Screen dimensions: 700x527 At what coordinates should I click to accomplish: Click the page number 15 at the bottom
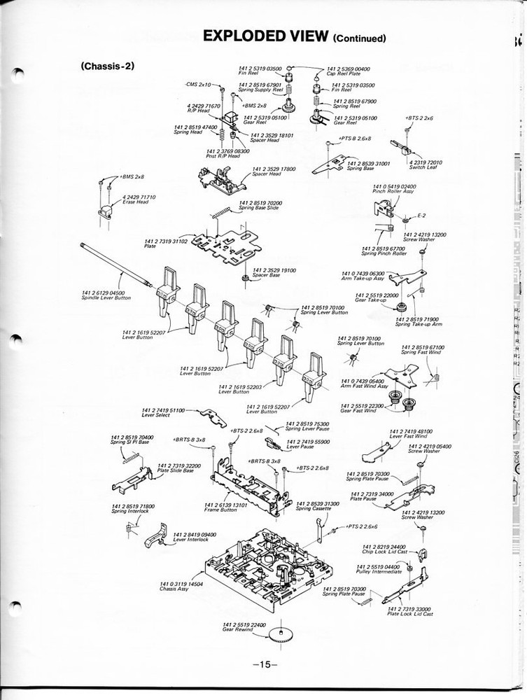coord(265,664)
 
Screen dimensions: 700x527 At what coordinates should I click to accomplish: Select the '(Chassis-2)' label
coord(107,66)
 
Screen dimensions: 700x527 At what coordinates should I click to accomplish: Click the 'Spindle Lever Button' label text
coord(106,298)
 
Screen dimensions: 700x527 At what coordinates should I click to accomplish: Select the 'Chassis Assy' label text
coord(174,587)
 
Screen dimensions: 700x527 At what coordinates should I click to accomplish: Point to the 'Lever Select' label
coord(155,415)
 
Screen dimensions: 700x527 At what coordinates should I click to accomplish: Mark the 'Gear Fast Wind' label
coord(358,411)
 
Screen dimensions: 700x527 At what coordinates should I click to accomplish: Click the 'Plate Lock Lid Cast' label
coord(410,614)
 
